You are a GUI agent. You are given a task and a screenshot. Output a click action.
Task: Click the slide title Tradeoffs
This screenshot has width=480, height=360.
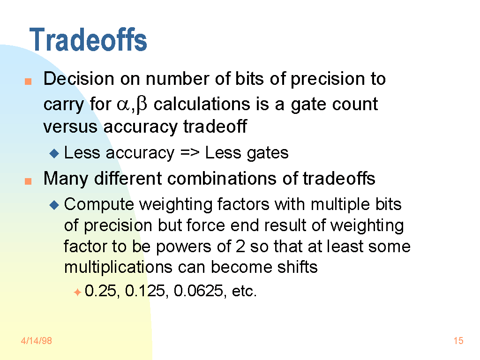click(88, 39)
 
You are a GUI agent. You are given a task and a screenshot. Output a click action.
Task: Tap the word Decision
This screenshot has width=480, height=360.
click(79, 79)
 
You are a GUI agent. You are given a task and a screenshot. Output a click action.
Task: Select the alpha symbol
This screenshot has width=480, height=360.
click(123, 105)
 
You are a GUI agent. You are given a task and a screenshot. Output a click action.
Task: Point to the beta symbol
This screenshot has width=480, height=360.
click(142, 104)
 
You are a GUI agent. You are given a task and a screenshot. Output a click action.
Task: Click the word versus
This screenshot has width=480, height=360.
click(70, 127)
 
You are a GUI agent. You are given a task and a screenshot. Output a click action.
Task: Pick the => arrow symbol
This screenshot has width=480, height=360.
click(190, 152)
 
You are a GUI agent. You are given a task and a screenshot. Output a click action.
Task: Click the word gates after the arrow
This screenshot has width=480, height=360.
click(268, 153)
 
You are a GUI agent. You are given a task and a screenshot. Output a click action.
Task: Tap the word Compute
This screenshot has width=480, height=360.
click(99, 205)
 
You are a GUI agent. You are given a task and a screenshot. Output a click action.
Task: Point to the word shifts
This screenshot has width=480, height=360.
click(297, 267)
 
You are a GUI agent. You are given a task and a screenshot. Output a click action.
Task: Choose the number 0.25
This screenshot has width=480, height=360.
click(100, 291)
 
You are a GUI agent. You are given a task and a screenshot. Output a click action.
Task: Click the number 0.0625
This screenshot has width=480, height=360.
click(198, 291)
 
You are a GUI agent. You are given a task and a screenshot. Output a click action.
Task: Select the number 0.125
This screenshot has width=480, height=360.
click(145, 291)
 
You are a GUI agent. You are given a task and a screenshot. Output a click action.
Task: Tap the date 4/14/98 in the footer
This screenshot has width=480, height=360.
click(37, 341)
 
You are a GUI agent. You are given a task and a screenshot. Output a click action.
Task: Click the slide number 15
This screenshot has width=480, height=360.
click(458, 341)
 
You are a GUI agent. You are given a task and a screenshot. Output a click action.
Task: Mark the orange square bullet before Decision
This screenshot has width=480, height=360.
click(28, 81)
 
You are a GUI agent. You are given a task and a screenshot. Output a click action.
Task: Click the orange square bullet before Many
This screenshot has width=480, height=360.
click(28, 181)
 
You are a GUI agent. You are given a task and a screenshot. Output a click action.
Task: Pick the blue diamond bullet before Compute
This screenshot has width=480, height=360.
click(54, 205)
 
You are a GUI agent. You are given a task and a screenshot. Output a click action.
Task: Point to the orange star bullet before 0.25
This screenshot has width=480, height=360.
click(77, 292)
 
